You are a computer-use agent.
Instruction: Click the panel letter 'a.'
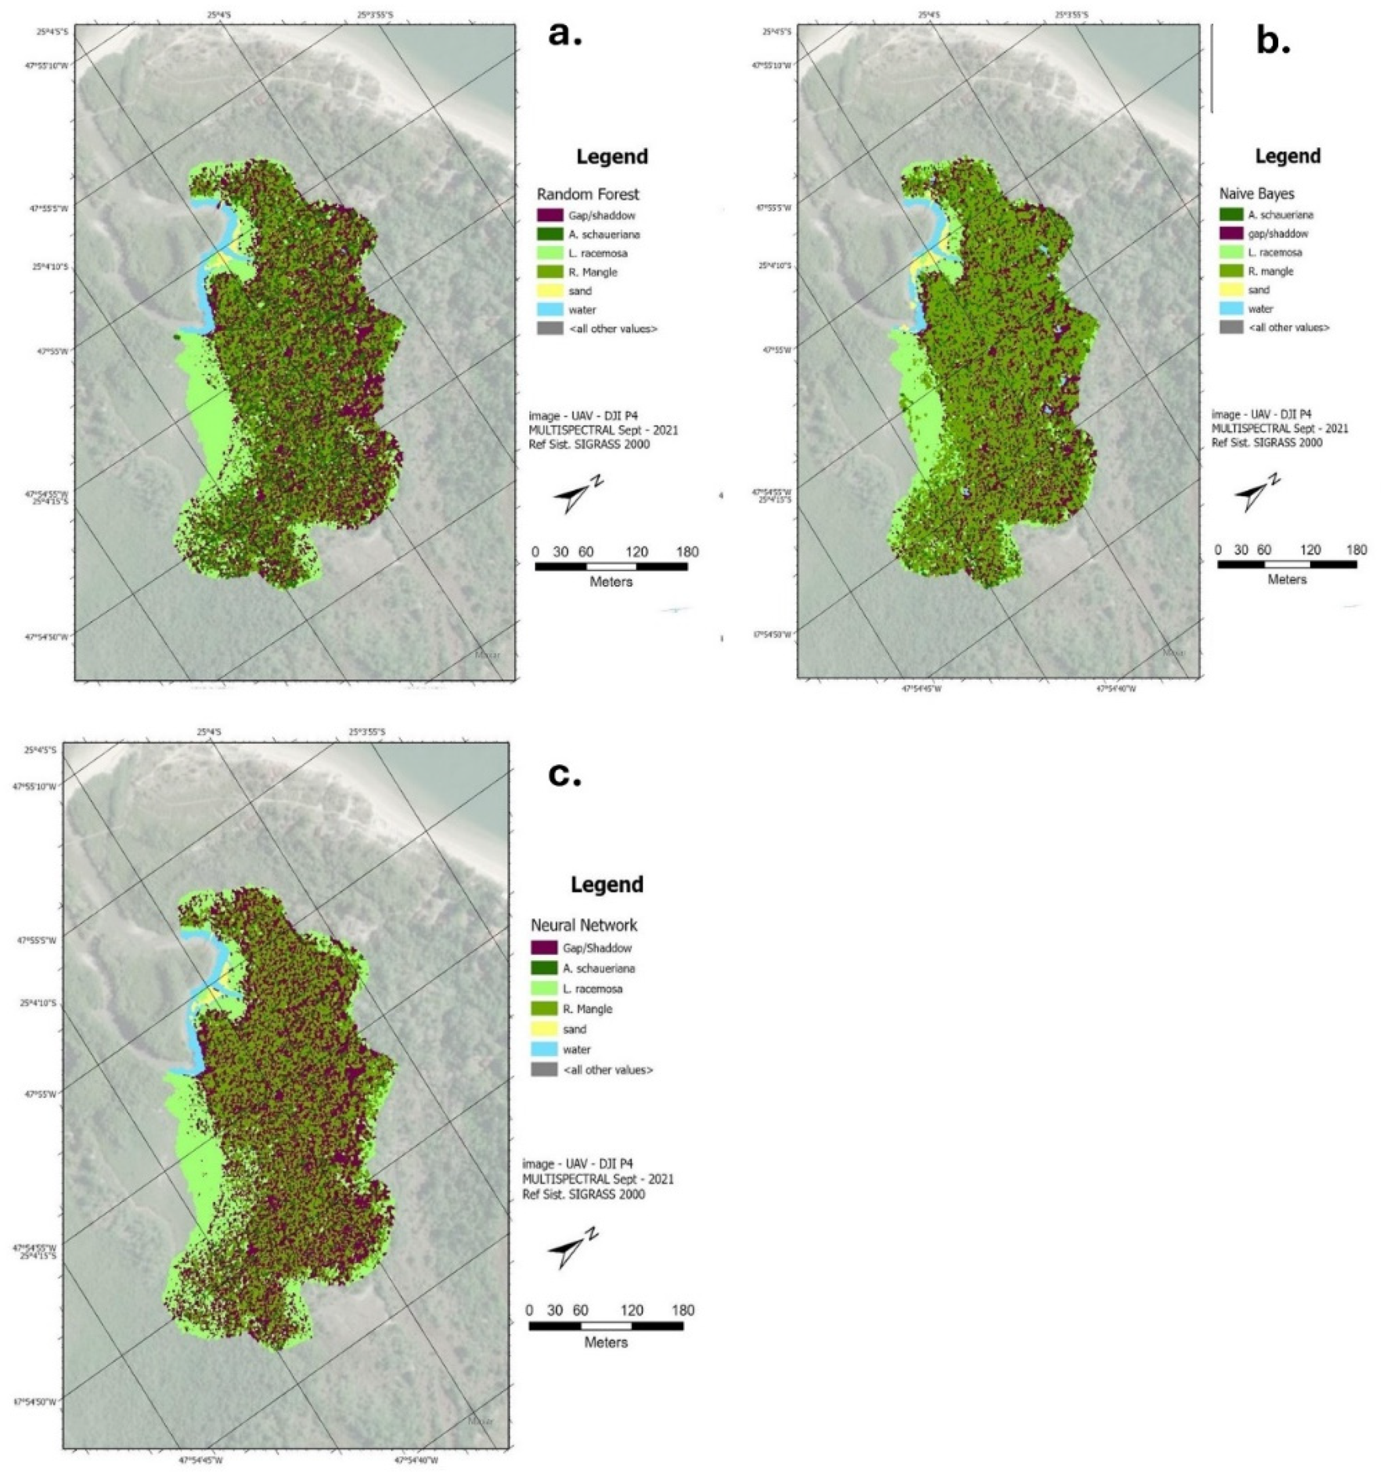click(564, 34)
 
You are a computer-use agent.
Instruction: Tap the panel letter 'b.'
click(1273, 42)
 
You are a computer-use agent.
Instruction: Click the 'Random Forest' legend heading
click(588, 194)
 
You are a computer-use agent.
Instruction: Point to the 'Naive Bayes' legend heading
click(1256, 194)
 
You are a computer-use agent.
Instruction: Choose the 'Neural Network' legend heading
click(583, 925)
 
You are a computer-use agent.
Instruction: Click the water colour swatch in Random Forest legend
click(549, 309)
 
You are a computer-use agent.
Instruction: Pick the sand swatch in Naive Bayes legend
click(1231, 290)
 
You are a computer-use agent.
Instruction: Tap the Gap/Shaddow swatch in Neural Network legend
click(544, 948)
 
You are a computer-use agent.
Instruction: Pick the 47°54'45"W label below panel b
click(922, 689)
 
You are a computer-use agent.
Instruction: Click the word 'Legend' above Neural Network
click(606, 885)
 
